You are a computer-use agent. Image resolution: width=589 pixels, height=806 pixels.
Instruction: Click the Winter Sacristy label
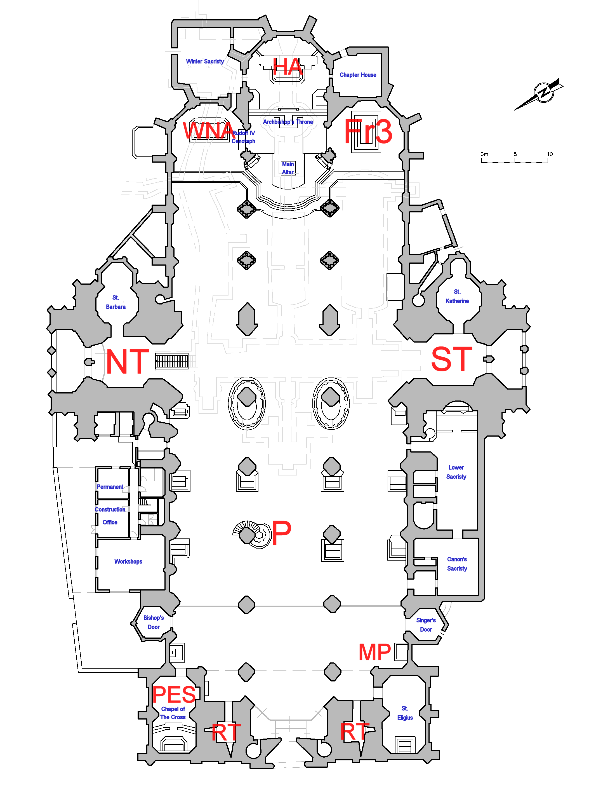point(205,61)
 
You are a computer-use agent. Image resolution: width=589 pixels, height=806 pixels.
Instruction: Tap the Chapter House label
point(358,75)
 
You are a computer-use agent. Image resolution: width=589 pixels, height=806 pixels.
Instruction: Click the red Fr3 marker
point(368,131)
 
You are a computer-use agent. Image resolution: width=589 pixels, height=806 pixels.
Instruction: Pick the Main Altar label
point(288,168)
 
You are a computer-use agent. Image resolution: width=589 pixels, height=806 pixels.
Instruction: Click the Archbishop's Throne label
point(288,122)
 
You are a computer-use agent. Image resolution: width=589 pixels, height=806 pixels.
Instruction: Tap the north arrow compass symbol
point(543,93)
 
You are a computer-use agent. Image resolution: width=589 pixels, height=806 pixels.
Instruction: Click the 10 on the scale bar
point(549,154)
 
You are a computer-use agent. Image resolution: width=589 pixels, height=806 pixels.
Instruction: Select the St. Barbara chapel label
point(116,302)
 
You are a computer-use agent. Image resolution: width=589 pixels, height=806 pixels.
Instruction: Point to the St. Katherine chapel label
point(457,296)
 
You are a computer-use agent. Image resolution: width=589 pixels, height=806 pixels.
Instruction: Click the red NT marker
point(127,362)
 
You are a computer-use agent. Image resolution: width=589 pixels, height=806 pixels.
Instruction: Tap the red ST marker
point(451,359)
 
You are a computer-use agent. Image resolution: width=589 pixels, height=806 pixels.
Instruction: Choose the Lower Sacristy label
point(456,472)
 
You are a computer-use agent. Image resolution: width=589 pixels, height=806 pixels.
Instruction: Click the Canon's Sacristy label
point(457,564)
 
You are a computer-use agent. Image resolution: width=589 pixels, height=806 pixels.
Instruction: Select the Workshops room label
point(128,562)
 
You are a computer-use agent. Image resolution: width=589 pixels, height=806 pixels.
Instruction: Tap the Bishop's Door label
point(153,622)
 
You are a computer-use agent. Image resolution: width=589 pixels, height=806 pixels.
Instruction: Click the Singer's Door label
point(426,625)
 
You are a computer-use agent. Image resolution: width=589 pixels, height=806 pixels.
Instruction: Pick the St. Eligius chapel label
point(405,713)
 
